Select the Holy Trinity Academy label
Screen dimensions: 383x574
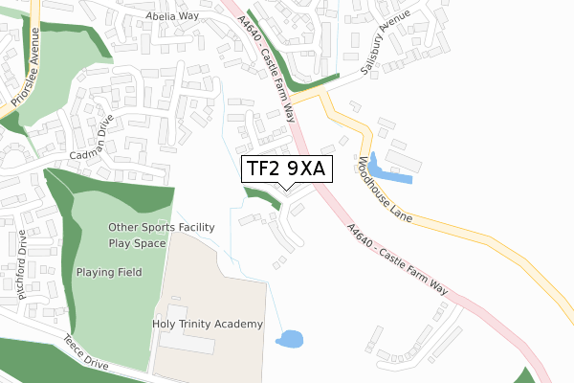click(208, 325)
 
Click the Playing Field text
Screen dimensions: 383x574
click(109, 272)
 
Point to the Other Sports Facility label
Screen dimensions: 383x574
click(161, 228)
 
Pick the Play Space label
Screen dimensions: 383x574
click(138, 243)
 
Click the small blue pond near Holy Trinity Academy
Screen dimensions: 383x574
click(288, 339)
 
